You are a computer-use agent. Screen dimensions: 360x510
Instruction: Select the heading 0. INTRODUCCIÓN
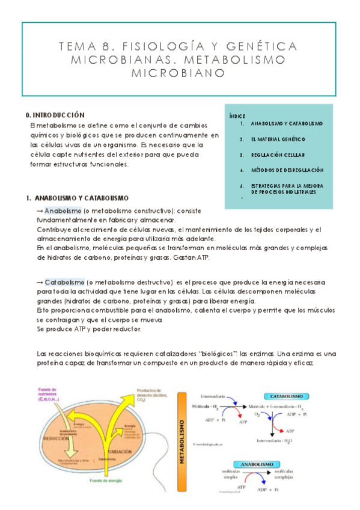click(x=55, y=114)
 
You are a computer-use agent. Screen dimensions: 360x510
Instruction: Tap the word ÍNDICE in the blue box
click(x=238, y=115)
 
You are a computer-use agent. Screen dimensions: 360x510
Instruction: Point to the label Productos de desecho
click(x=154, y=395)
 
